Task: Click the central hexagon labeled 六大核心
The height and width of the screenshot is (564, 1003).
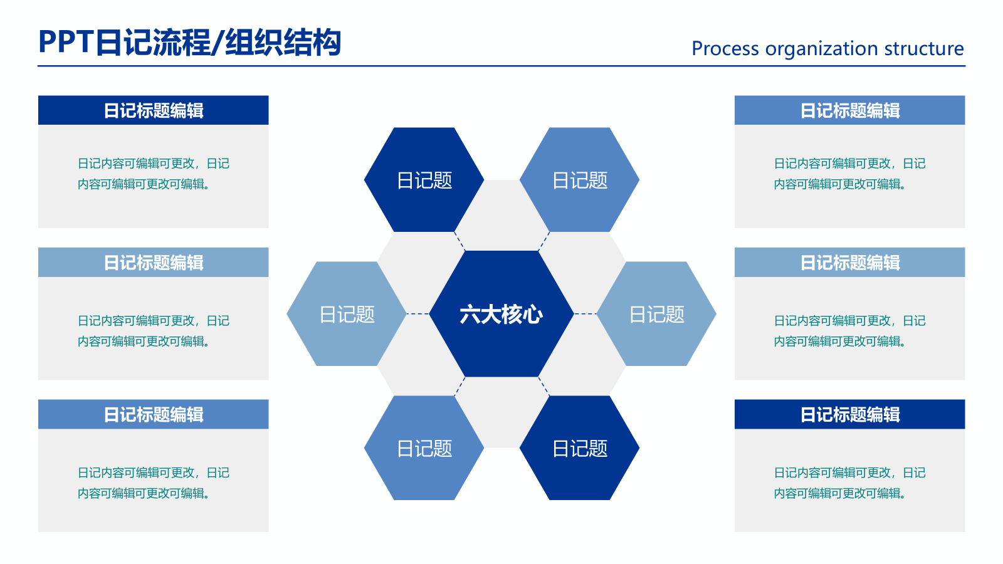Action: (501, 314)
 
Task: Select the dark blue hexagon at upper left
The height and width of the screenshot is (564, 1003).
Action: (424, 180)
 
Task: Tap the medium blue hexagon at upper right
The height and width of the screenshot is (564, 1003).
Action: (579, 180)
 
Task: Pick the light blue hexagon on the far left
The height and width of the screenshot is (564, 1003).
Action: (346, 314)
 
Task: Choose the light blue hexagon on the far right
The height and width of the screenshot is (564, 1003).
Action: (656, 314)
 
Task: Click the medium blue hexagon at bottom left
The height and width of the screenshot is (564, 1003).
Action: (424, 448)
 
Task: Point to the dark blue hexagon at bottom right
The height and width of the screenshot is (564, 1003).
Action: (579, 448)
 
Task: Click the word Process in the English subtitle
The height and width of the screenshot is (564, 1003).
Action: (725, 48)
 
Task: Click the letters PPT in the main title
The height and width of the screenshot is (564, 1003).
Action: (66, 43)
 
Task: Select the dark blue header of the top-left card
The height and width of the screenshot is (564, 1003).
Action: (154, 110)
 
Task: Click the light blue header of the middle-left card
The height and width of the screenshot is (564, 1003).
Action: (154, 263)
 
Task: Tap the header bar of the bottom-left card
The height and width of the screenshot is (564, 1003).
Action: (154, 414)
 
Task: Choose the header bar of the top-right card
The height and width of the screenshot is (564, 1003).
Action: (849, 110)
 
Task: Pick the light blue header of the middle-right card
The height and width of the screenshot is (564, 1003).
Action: (849, 263)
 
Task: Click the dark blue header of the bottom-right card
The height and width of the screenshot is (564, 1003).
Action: (849, 414)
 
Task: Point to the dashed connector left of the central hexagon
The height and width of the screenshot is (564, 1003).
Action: (417, 313)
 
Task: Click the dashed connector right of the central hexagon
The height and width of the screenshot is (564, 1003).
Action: (586, 313)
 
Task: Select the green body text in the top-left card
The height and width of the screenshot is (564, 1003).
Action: (153, 174)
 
